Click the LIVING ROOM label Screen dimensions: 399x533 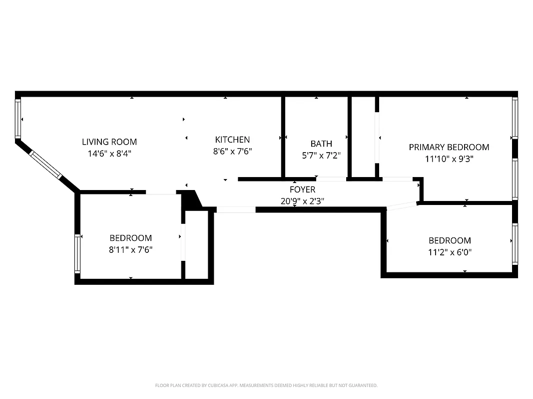[x=109, y=142]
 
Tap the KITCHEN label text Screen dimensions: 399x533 [x=232, y=140]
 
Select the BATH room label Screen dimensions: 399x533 [x=321, y=144]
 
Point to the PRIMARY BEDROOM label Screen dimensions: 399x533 [x=449, y=147]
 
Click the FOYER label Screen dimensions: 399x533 [x=302, y=190]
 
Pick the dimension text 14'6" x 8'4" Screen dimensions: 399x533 [x=109, y=154]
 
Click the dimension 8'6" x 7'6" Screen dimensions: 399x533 [x=232, y=152]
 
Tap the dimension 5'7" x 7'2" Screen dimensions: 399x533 [x=321, y=156]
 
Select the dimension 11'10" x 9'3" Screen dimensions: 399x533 [x=449, y=159]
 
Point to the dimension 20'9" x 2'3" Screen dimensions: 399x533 [x=302, y=201]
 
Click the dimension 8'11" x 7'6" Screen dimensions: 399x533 [x=130, y=250]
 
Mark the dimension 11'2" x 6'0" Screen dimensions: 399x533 [x=450, y=252]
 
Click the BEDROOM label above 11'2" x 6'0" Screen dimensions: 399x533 [x=450, y=240]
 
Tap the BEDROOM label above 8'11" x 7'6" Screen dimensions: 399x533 [x=130, y=238]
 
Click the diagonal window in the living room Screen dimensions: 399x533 [x=46, y=164]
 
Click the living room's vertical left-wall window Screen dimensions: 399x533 [x=18, y=119]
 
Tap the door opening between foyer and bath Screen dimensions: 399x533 [x=331, y=179]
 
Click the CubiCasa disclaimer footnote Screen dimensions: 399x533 [x=266, y=386]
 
